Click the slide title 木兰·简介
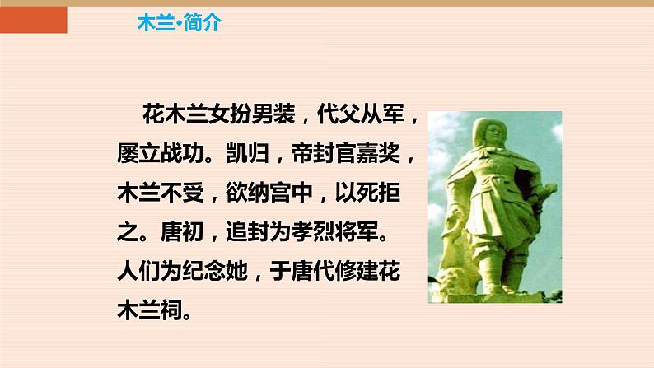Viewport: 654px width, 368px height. click(178, 23)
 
